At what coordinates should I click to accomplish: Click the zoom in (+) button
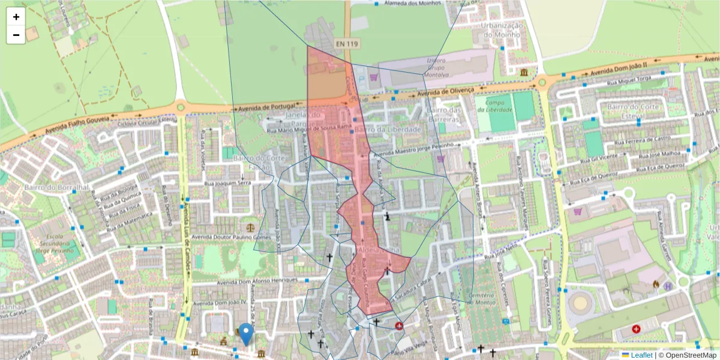[16, 17]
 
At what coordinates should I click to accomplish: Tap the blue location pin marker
[246, 334]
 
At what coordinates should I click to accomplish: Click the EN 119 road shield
[347, 44]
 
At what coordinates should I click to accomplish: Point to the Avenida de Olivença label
[446, 92]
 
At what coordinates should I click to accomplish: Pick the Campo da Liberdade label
[494, 106]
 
